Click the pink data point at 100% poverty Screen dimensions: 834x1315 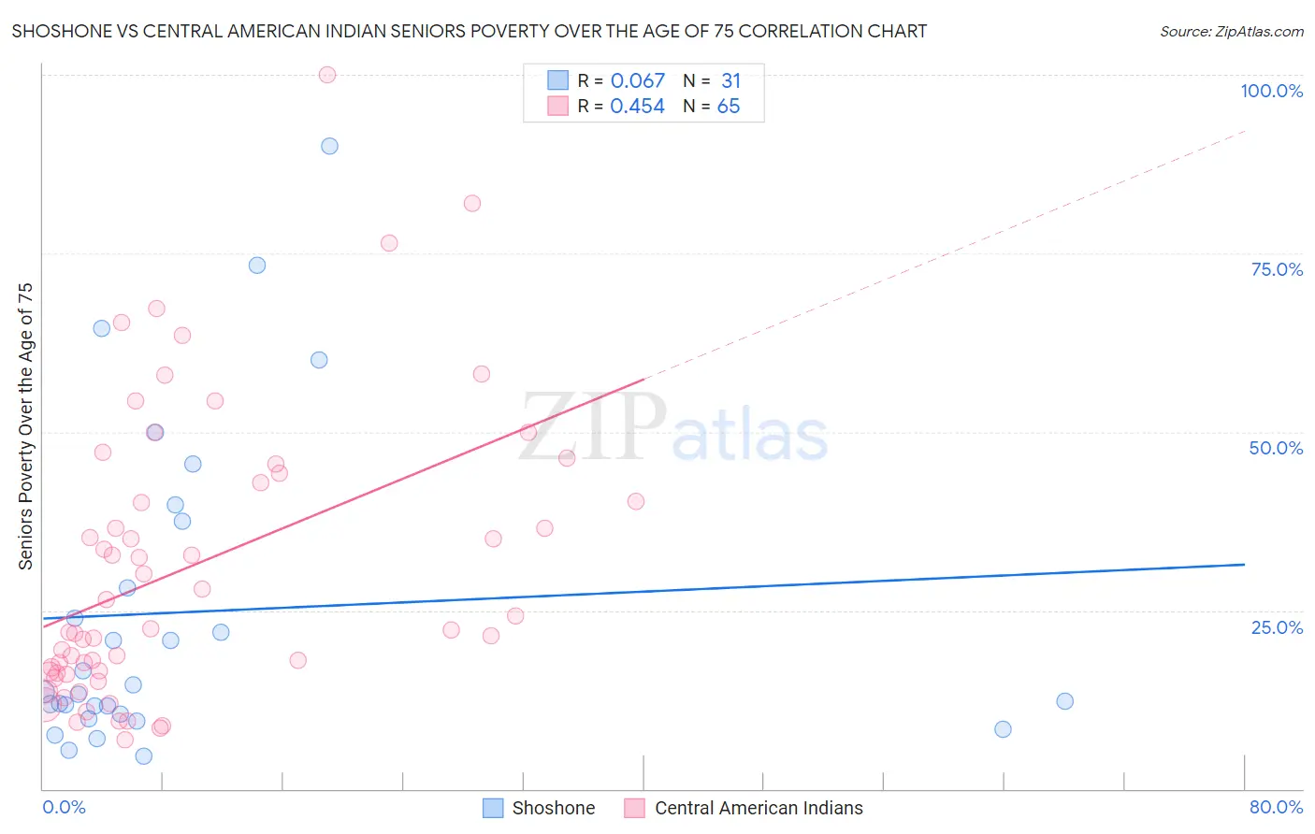tap(327, 75)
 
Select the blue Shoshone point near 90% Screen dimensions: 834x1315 tap(329, 146)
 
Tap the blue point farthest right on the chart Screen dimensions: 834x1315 tap(1064, 701)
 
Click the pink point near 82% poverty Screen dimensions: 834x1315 tap(472, 204)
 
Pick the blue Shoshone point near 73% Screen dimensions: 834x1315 tap(257, 266)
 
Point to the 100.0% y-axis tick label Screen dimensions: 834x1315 tap(1271, 91)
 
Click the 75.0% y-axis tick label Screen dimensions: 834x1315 tap(1277, 269)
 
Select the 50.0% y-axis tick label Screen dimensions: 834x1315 tap(1276, 448)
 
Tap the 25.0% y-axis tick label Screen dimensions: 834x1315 tap(1277, 627)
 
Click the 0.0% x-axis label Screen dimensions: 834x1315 tap(64, 807)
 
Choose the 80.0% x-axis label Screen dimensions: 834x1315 tap(1276, 807)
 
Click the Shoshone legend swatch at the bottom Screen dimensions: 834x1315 tap(493, 808)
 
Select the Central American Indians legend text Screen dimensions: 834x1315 tap(759, 808)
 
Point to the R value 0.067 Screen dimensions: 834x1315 tap(637, 81)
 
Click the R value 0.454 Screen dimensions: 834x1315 tap(637, 107)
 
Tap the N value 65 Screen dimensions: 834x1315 tap(728, 107)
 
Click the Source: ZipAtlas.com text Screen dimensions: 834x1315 tap(1231, 32)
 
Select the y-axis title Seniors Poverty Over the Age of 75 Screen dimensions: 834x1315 tap(25, 426)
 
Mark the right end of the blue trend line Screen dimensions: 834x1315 tap(1244, 565)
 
